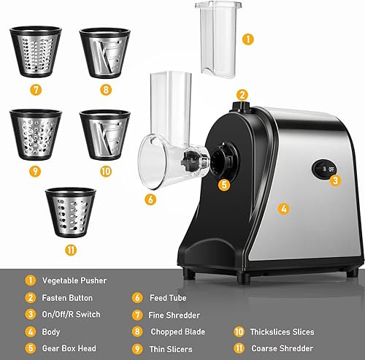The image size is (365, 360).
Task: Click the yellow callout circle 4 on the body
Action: pyautogui.click(x=284, y=208)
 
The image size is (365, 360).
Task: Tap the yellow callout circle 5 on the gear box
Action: pyautogui.click(x=225, y=185)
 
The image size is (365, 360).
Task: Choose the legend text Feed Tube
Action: pyautogui.click(x=169, y=297)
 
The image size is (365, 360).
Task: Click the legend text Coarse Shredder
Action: pyautogui.click(x=283, y=348)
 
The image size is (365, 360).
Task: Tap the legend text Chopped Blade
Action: pyautogui.click(x=179, y=331)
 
